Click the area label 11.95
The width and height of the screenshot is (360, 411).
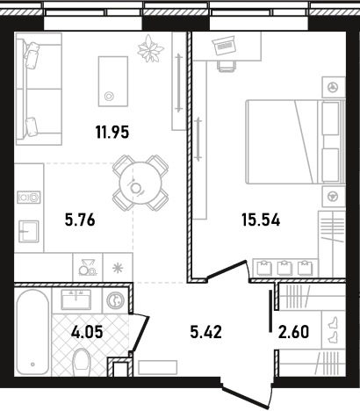point(112,132)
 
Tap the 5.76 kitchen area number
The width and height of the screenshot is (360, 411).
point(80,220)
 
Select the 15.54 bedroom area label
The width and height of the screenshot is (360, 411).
point(261,220)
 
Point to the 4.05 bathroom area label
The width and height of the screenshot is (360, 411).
point(87,332)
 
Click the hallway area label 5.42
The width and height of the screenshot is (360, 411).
point(206,332)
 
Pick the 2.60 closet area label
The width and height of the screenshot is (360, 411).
point(293,332)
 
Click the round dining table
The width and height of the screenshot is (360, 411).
point(140,184)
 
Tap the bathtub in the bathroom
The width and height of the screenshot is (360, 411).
point(32,332)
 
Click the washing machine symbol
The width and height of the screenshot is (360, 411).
point(115,300)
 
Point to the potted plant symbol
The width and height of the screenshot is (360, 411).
point(150,48)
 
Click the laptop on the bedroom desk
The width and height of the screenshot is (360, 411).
point(224,46)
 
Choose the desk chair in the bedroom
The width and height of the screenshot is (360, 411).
point(227,66)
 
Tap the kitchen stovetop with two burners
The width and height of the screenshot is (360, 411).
point(29,198)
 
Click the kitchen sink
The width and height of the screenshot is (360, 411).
point(29,231)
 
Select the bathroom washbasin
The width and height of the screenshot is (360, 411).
point(76,299)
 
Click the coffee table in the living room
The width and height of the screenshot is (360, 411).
point(113,82)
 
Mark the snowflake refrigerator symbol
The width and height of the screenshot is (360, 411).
point(118,268)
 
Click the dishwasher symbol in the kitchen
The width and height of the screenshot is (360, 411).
point(88,267)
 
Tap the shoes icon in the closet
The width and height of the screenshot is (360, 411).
point(334,330)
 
